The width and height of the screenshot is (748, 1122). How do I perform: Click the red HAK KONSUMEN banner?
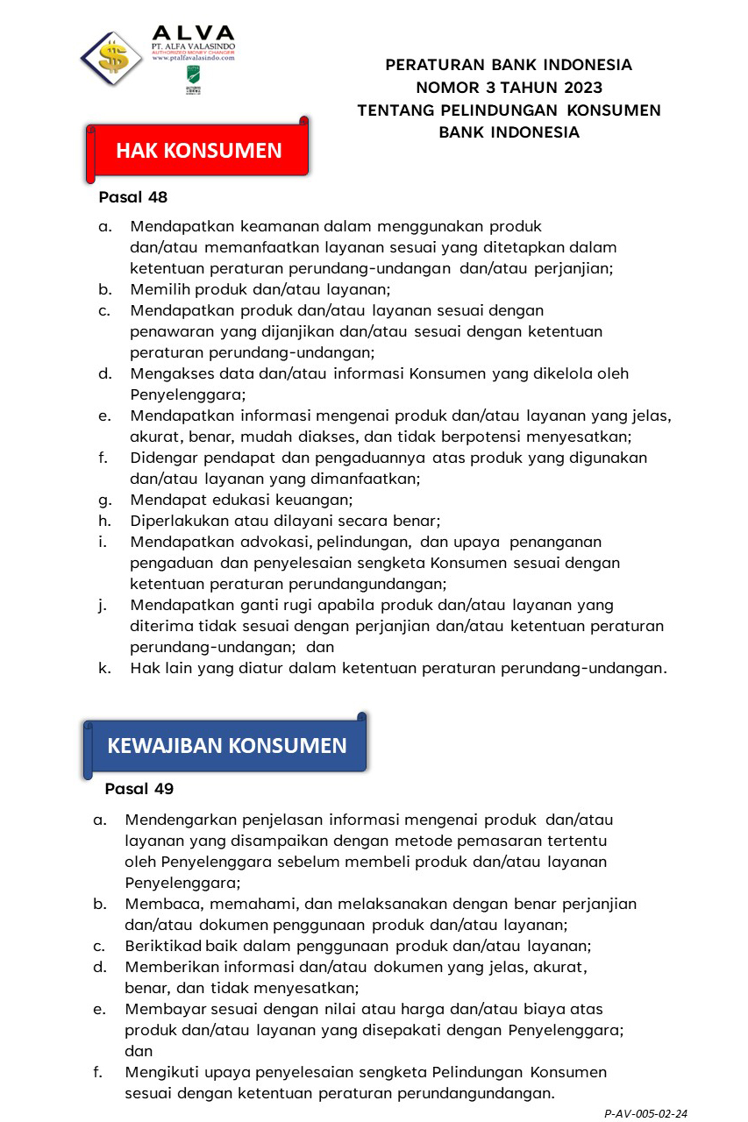pos(199,150)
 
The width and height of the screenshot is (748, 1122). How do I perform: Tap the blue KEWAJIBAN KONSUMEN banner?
pos(226,745)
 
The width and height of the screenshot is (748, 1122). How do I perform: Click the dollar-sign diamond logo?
pos(111,59)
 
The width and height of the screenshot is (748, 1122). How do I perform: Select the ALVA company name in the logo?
pos(193,32)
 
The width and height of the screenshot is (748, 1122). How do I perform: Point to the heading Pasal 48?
pos(133,197)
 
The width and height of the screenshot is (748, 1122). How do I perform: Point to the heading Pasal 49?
pos(139,789)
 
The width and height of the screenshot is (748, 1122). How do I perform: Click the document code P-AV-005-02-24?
pos(646,1113)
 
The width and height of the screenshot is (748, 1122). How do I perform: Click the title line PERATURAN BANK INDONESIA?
pos(509,65)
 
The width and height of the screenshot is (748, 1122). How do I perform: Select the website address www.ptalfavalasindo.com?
pos(194,58)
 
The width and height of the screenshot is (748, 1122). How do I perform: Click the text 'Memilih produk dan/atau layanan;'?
pos(260,288)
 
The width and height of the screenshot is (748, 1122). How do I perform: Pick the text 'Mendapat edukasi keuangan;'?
pos(241,500)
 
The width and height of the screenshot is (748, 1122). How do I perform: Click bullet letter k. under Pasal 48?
pos(104,668)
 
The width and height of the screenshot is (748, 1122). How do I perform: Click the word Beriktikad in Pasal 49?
pos(164,946)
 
